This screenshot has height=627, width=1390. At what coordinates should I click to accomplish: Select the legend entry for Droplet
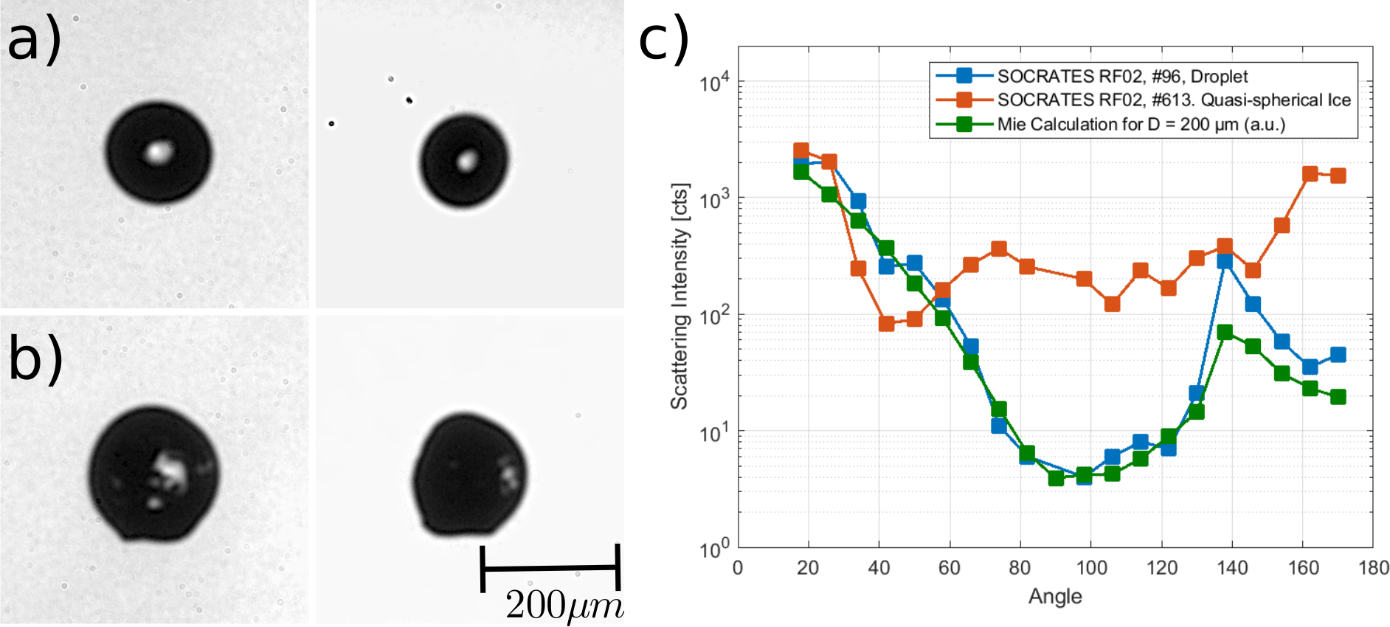1122,76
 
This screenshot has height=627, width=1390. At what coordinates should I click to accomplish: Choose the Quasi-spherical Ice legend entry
1174,100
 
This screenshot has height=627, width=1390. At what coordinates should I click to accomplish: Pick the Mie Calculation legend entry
1141,124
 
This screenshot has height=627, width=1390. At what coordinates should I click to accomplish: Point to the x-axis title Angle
1055,596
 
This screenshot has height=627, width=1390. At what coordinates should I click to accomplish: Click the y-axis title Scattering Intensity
679,296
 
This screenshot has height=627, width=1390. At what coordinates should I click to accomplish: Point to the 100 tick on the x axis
1091,567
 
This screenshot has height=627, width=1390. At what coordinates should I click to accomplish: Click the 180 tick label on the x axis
1373,567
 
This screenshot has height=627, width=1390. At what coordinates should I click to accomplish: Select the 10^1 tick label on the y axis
714,432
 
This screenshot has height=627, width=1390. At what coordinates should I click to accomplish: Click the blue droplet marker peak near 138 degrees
1225,260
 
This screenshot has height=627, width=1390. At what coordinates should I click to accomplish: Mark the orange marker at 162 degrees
1310,174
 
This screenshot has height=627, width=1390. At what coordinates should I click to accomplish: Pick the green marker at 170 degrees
1338,397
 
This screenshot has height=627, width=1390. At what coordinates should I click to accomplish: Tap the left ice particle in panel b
153,472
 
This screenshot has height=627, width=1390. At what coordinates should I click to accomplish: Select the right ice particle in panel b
469,474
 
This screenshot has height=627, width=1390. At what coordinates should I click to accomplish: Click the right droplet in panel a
465,161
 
